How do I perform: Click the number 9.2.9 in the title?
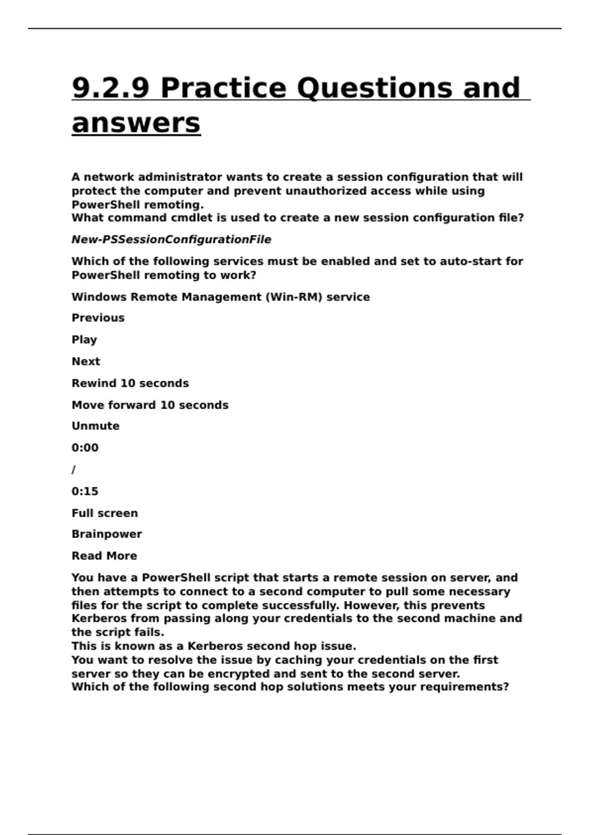110,88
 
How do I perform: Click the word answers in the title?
136,123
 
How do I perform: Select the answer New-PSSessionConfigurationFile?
171,240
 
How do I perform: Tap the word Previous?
98,318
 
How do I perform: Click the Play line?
84,340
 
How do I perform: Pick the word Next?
86,362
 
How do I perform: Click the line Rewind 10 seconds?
130,383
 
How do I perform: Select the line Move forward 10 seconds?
150,405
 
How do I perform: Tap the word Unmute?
95,426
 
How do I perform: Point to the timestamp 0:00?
85,448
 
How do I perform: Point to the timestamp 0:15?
85,491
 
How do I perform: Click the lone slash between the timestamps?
74,470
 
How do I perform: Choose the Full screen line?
105,513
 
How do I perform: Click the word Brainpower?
107,534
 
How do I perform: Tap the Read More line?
104,556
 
